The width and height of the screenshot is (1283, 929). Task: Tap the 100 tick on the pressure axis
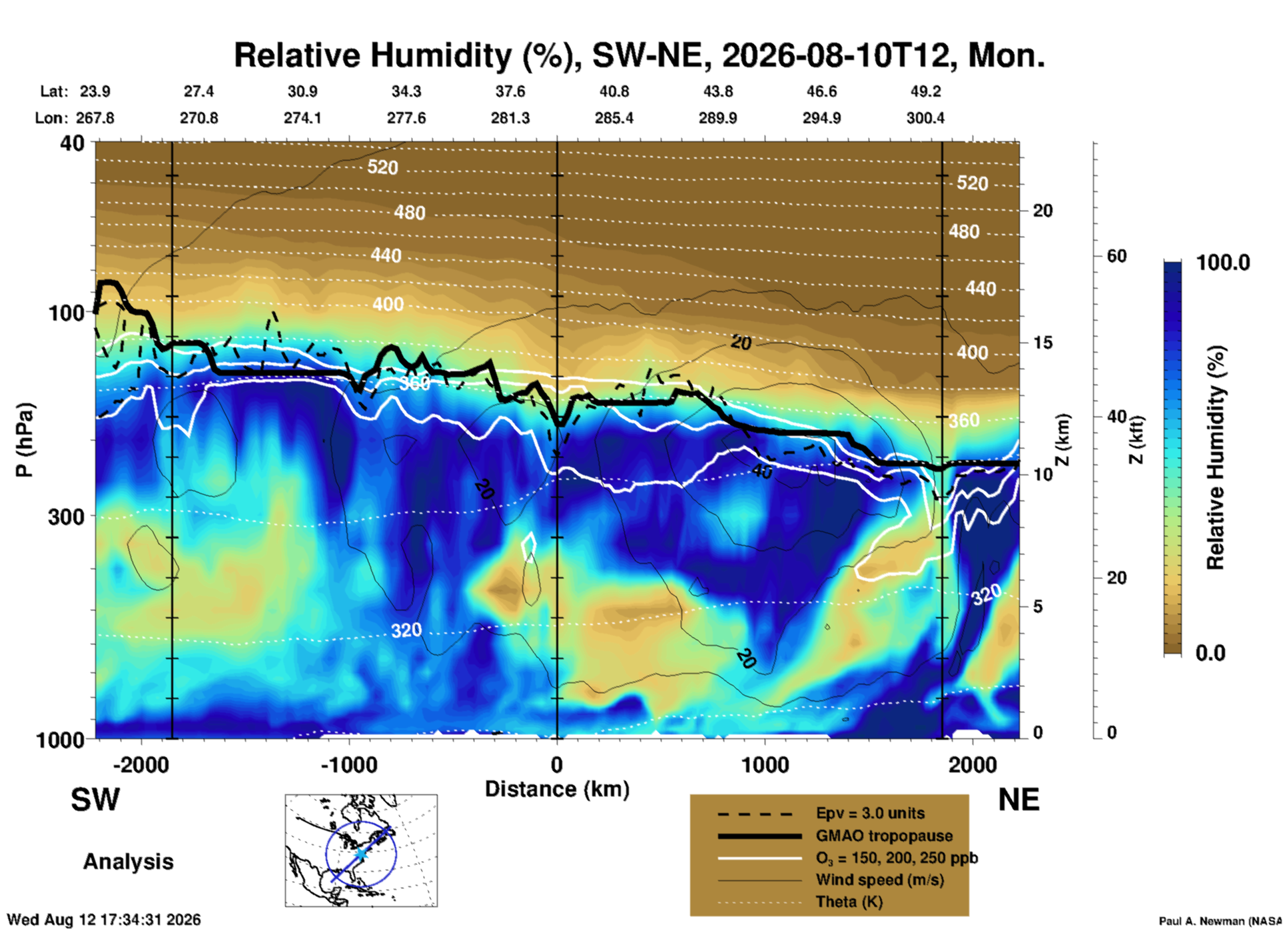coord(67,312)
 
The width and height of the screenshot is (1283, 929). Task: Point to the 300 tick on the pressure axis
coord(67,516)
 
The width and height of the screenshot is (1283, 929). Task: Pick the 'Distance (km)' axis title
coord(557,790)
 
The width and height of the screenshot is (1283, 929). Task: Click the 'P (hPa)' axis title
coord(25,440)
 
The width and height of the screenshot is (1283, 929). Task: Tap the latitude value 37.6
coord(510,91)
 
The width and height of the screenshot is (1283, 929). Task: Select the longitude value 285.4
coord(614,118)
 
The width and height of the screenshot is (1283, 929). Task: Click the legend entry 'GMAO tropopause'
coord(884,836)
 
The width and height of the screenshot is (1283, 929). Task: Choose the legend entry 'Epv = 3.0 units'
coord(870,813)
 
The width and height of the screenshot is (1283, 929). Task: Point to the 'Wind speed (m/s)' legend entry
coord(879,880)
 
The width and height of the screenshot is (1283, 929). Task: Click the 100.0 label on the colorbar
coord(1223,263)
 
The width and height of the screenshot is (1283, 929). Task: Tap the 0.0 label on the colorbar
coord(1210,653)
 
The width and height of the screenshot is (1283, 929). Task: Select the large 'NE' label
coord(1019,800)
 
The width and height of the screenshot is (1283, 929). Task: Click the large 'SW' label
coord(95,800)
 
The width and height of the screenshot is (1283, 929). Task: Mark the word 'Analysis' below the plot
coord(128,862)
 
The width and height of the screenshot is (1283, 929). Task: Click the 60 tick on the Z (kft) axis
coord(1116,256)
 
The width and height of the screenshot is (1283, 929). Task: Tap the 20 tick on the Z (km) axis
coord(1043,211)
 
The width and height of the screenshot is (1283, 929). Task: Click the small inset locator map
coord(361,850)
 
